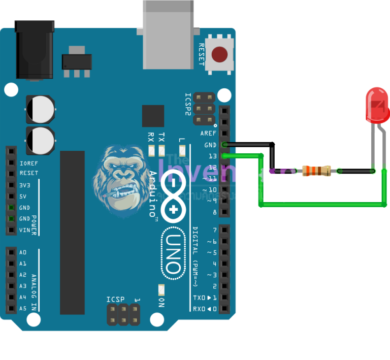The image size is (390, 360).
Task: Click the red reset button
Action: (219, 54)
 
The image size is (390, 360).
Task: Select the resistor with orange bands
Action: (316, 171)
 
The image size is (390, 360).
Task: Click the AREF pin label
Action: (208, 133)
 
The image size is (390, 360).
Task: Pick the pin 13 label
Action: (212, 156)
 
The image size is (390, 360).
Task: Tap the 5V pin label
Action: (23, 197)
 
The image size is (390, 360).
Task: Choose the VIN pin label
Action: (24, 230)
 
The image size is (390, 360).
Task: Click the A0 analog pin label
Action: (23, 252)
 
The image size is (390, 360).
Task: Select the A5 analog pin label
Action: (23, 308)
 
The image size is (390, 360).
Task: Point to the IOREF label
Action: (28, 163)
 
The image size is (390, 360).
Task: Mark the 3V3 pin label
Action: (24, 185)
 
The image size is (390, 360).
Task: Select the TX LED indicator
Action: (162, 150)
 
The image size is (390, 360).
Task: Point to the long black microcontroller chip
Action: (73, 232)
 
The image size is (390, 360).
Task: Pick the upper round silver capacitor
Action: (40, 109)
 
